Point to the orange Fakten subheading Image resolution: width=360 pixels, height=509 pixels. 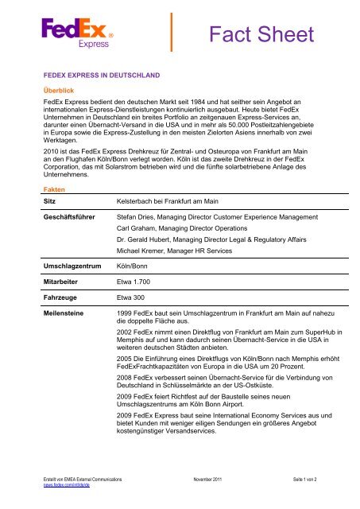pyautogui.click(x=55, y=189)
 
